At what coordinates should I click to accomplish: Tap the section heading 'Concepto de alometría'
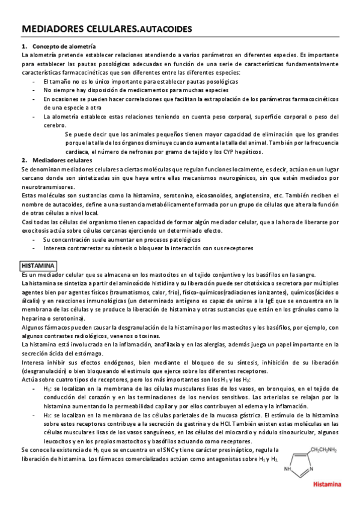64,46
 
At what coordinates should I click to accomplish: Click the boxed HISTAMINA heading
38,265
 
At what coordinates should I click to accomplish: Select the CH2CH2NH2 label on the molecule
323,449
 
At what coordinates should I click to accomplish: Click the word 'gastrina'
188,415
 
